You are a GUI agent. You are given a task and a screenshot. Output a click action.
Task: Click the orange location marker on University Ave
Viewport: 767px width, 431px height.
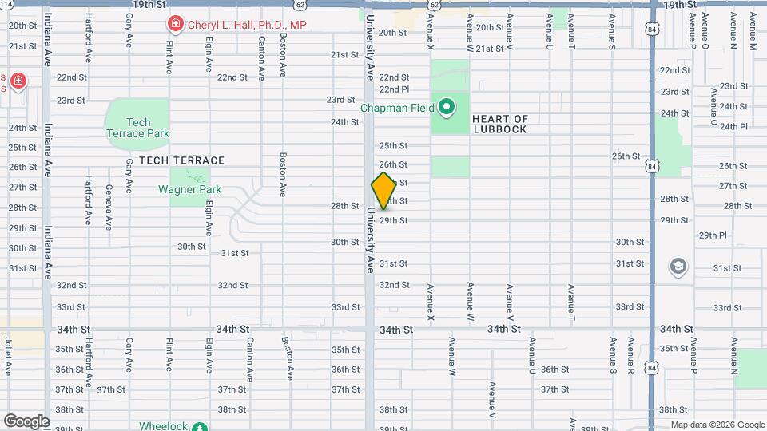pos(384,191)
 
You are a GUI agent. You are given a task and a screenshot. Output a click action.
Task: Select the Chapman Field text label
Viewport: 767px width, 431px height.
pos(397,108)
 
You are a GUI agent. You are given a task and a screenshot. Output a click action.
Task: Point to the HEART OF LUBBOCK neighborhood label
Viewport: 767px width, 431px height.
pos(500,124)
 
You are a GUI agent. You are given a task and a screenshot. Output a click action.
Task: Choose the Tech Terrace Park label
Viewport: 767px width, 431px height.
pos(138,128)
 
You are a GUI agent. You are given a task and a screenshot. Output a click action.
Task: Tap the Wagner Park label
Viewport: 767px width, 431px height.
pos(189,190)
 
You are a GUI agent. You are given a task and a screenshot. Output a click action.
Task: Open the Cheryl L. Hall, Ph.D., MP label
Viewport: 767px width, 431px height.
pos(247,25)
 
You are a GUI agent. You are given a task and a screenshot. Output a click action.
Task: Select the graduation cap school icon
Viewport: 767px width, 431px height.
pos(678,265)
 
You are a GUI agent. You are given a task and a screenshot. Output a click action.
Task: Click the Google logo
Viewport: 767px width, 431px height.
pos(26,421)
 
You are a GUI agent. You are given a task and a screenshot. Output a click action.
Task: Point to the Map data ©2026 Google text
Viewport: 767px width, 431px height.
pos(717,425)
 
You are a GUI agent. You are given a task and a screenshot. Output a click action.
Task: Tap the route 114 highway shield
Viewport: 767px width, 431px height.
pos(6,4)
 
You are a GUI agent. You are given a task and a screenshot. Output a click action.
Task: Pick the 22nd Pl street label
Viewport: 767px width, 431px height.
pos(394,89)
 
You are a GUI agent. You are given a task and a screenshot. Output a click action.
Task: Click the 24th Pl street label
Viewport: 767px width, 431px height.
pos(733,126)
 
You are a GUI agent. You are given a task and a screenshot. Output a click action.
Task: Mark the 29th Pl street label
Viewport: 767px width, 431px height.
pos(713,235)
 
